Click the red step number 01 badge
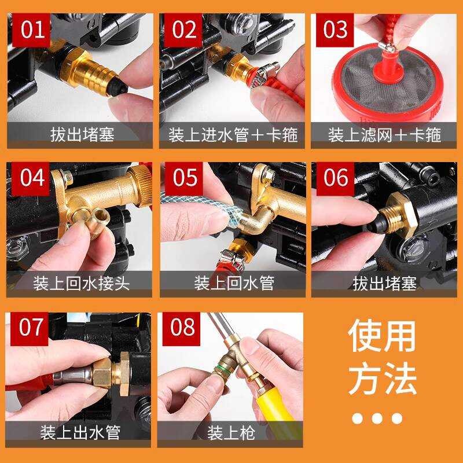(32, 30)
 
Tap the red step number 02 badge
(183, 30)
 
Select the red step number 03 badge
(335, 30)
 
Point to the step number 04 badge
(31, 179)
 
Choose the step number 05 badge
(184, 179)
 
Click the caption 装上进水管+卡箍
(233, 135)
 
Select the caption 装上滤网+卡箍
(384, 135)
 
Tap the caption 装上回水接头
(81, 283)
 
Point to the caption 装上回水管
(234, 283)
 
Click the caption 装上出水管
(80, 432)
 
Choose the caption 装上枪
(231, 433)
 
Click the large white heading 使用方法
(383, 357)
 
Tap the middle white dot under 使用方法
(377, 418)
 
